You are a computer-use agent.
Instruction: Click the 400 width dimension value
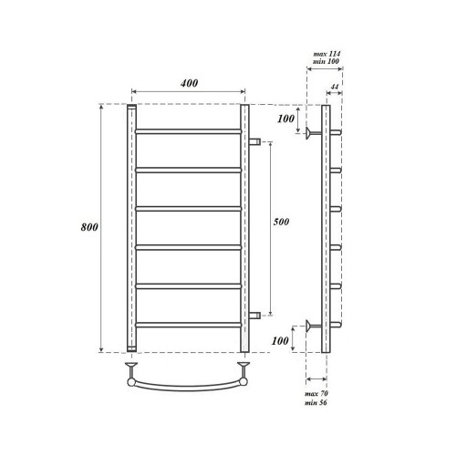(189, 83)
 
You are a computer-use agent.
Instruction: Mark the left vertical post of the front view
(133, 228)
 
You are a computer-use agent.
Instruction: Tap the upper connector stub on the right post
(255, 141)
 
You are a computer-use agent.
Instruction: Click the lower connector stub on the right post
(255, 315)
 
